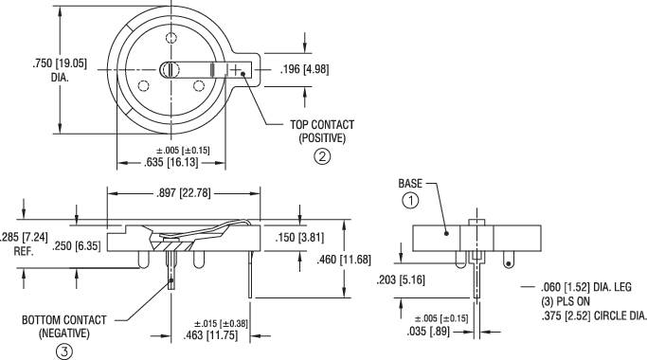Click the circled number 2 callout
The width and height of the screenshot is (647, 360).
(322, 157)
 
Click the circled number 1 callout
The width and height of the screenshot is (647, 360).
(410, 200)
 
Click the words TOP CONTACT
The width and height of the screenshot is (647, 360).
(322, 125)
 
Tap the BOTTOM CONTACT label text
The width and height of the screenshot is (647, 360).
(64, 320)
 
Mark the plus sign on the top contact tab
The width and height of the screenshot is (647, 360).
(236, 69)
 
